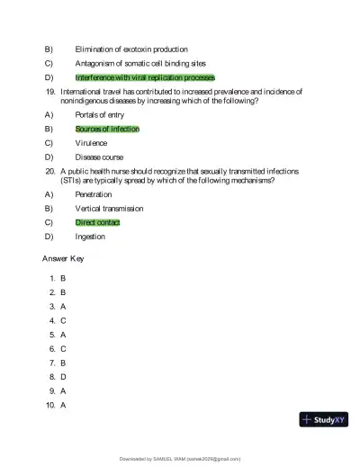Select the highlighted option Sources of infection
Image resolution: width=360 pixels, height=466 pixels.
coord(107,129)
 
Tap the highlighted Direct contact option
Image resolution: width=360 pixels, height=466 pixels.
coord(97,222)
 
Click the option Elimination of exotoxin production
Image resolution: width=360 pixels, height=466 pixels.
coord(131,49)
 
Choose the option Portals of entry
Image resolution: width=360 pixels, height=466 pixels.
coord(98,114)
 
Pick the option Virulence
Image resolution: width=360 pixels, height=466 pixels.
coord(91,143)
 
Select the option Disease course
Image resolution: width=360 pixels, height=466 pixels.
coord(99,157)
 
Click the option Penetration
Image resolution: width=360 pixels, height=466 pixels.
coord(94,194)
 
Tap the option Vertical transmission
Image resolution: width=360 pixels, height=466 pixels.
coord(109,209)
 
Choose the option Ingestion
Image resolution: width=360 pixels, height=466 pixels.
coord(90,237)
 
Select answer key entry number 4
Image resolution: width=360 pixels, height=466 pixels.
coord(58,320)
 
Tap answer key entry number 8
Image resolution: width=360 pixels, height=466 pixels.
coord(58,377)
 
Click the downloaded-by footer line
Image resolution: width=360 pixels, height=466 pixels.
coord(180,459)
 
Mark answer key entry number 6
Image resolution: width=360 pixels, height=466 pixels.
coord(58,348)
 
